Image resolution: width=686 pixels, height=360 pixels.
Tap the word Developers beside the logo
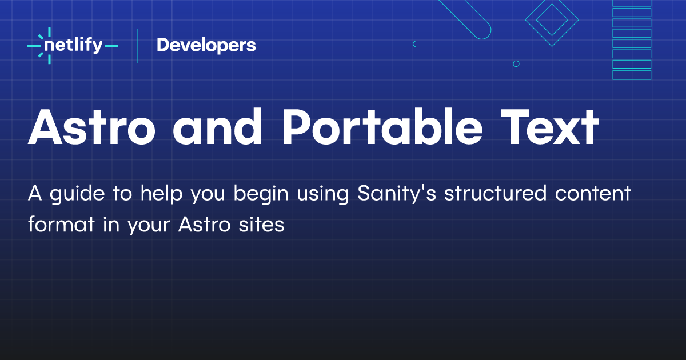(x=206, y=45)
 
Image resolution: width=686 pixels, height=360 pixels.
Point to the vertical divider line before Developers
(x=138, y=45)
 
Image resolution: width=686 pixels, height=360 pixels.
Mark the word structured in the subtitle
(x=495, y=194)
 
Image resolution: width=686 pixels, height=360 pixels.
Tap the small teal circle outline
(x=516, y=64)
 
